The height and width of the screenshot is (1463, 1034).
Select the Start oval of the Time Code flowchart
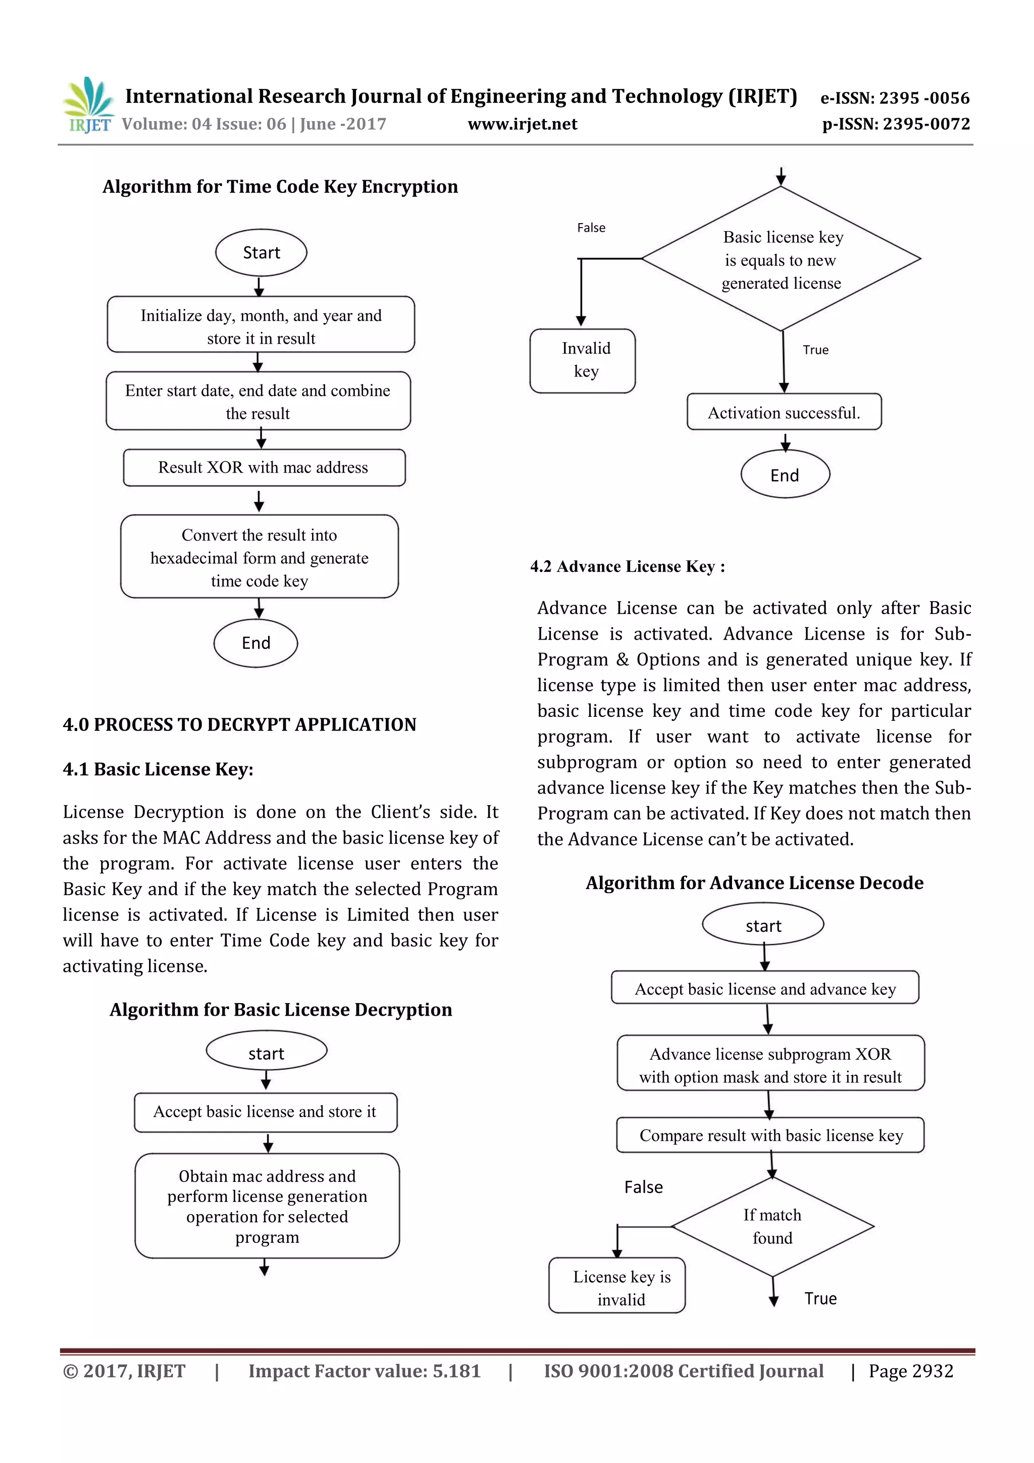(x=261, y=253)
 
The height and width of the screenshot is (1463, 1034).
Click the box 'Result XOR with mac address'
(x=264, y=467)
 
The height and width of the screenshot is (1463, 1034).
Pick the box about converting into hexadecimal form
(x=260, y=557)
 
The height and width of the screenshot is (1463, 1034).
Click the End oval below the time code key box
(x=255, y=643)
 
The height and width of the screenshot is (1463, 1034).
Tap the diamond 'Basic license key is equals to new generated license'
(x=781, y=259)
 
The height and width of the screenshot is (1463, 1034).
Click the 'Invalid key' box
(x=583, y=360)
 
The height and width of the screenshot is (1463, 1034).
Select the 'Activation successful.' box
(x=784, y=413)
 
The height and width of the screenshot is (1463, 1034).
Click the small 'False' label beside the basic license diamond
(x=591, y=228)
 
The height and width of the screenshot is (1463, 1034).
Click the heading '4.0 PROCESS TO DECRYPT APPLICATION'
(x=239, y=724)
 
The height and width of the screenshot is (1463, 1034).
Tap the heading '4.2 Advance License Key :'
(x=627, y=566)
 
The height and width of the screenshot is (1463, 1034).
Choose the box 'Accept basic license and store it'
(x=265, y=1112)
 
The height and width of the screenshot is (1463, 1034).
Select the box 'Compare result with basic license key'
(x=770, y=1135)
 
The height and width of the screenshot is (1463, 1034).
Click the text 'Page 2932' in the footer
(x=910, y=1371)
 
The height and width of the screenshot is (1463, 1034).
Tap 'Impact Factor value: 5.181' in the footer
(x=365, y=1371)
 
